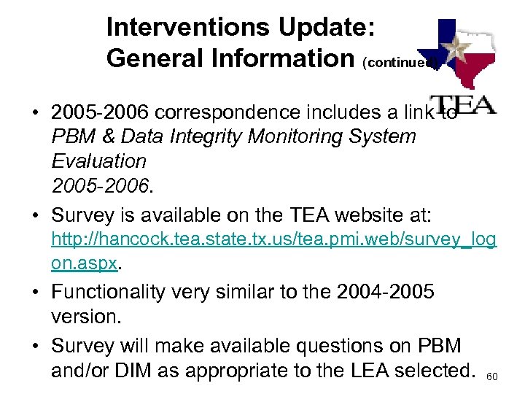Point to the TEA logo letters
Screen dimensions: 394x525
(x=464, y=104)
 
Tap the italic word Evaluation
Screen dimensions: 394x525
(x=99, y=161)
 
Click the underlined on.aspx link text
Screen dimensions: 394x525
(x=84, y=263)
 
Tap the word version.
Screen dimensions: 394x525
(x=85, y=316)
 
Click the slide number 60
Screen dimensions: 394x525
(x=492, y=376)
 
